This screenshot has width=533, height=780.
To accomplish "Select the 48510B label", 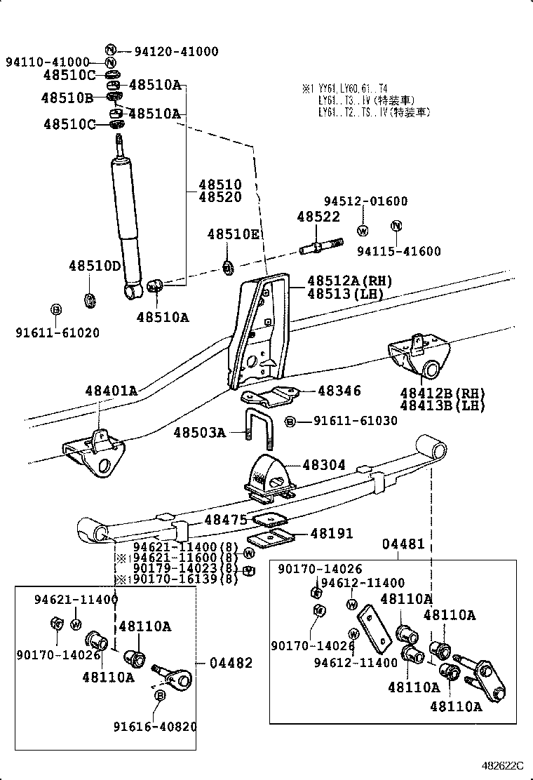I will pyautogui.click(x=67, y=98).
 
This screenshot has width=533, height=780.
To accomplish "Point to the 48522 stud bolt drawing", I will pyautogui.click(x=320, y=248).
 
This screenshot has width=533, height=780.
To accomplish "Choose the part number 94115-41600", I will pyautogui.click(x=399, y=251).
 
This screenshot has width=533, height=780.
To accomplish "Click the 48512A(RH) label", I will pyautogui.click(x=349, y=281).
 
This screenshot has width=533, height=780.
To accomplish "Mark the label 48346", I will pyautogui.click(x=339, y=391).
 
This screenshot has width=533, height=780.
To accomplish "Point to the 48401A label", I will pyautogui.click(x=112, y=391).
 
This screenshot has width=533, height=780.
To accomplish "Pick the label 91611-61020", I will pyautogui.click(x=58, y=333).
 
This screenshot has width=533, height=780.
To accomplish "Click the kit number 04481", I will pyautogui.click(x=403, y=544).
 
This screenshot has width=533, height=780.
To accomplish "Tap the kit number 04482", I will pyautogui.click(x=231, y=663).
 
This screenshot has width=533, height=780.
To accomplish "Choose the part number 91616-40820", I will pyautogui.click(x=155, y=727).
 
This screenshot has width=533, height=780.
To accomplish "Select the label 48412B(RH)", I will pyautogui.click(x=442, y=392).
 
